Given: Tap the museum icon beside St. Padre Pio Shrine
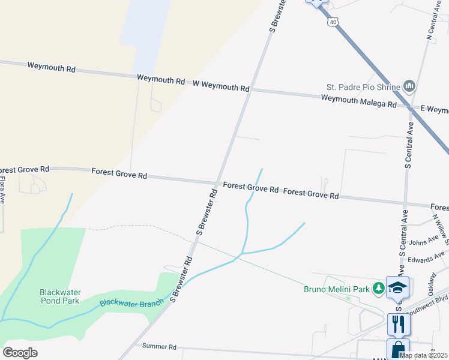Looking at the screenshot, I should click(410, 87).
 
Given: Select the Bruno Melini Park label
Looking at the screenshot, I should click(336, 289).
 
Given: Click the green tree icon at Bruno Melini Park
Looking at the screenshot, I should click(378, 289).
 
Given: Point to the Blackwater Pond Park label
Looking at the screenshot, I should click(60, 296).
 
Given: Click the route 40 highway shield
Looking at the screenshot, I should click(333, 22).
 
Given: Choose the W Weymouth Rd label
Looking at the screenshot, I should click(220, 85).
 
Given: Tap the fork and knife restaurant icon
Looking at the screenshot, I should click(399, 324).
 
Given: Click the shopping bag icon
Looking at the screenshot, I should click(399, 349).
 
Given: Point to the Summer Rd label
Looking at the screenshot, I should click(159, 346).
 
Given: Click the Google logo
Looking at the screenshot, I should click(20, 352).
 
